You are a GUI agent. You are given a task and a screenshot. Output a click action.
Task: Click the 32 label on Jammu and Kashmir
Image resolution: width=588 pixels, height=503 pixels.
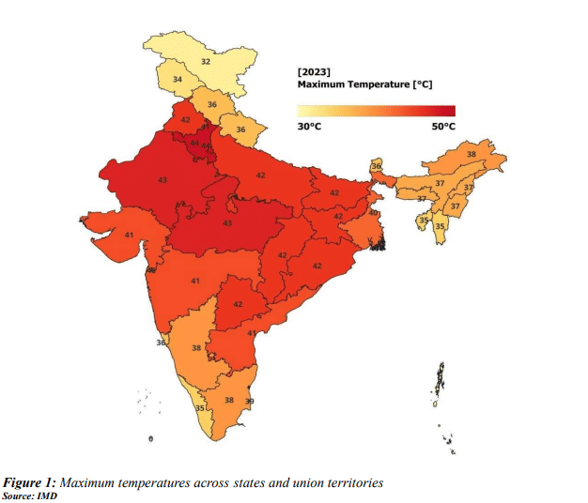pos(206,62)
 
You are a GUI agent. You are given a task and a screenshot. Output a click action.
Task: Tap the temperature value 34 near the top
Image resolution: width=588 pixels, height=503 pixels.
pos(178,81)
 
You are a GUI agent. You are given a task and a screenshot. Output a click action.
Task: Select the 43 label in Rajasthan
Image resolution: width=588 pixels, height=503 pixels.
pos(162,179)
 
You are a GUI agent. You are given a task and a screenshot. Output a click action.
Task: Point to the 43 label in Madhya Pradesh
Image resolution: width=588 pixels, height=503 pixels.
pos(227,222)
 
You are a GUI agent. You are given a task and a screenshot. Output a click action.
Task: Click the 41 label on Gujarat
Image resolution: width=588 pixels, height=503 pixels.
pos(129,235)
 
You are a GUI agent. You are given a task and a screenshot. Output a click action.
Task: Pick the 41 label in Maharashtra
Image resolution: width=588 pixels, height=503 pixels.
pos(195,282)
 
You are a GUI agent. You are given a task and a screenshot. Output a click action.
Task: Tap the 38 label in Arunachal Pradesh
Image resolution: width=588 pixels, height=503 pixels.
pos(471,154)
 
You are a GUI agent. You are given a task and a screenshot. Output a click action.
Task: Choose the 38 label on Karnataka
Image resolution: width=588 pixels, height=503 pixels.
pos(195,348)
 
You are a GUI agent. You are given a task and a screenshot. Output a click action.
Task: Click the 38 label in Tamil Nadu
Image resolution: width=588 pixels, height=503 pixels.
pos(228,400)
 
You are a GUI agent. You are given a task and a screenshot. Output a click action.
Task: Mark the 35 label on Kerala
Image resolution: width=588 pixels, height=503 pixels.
pos(200,408)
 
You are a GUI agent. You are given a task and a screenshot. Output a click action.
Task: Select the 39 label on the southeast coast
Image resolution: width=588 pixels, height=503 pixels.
pos(249,402)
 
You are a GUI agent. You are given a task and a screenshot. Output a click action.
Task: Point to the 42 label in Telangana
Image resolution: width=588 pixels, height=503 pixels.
pos(238,304)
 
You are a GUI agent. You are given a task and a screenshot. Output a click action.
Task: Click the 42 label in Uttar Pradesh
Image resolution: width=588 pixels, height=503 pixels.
pos(260,175)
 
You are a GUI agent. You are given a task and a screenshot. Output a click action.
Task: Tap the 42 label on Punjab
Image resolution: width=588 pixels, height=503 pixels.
pos(185,120)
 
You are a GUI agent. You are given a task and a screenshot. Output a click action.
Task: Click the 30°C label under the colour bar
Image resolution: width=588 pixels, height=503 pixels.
pos(310,127)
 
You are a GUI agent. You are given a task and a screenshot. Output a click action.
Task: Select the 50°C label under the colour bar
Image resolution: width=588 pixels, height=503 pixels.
pos(443,127)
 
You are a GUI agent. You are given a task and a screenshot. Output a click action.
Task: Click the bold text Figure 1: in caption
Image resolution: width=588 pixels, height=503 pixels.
pos(37,482)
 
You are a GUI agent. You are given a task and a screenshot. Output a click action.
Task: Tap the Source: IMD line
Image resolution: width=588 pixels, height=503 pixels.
pos(31,495)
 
